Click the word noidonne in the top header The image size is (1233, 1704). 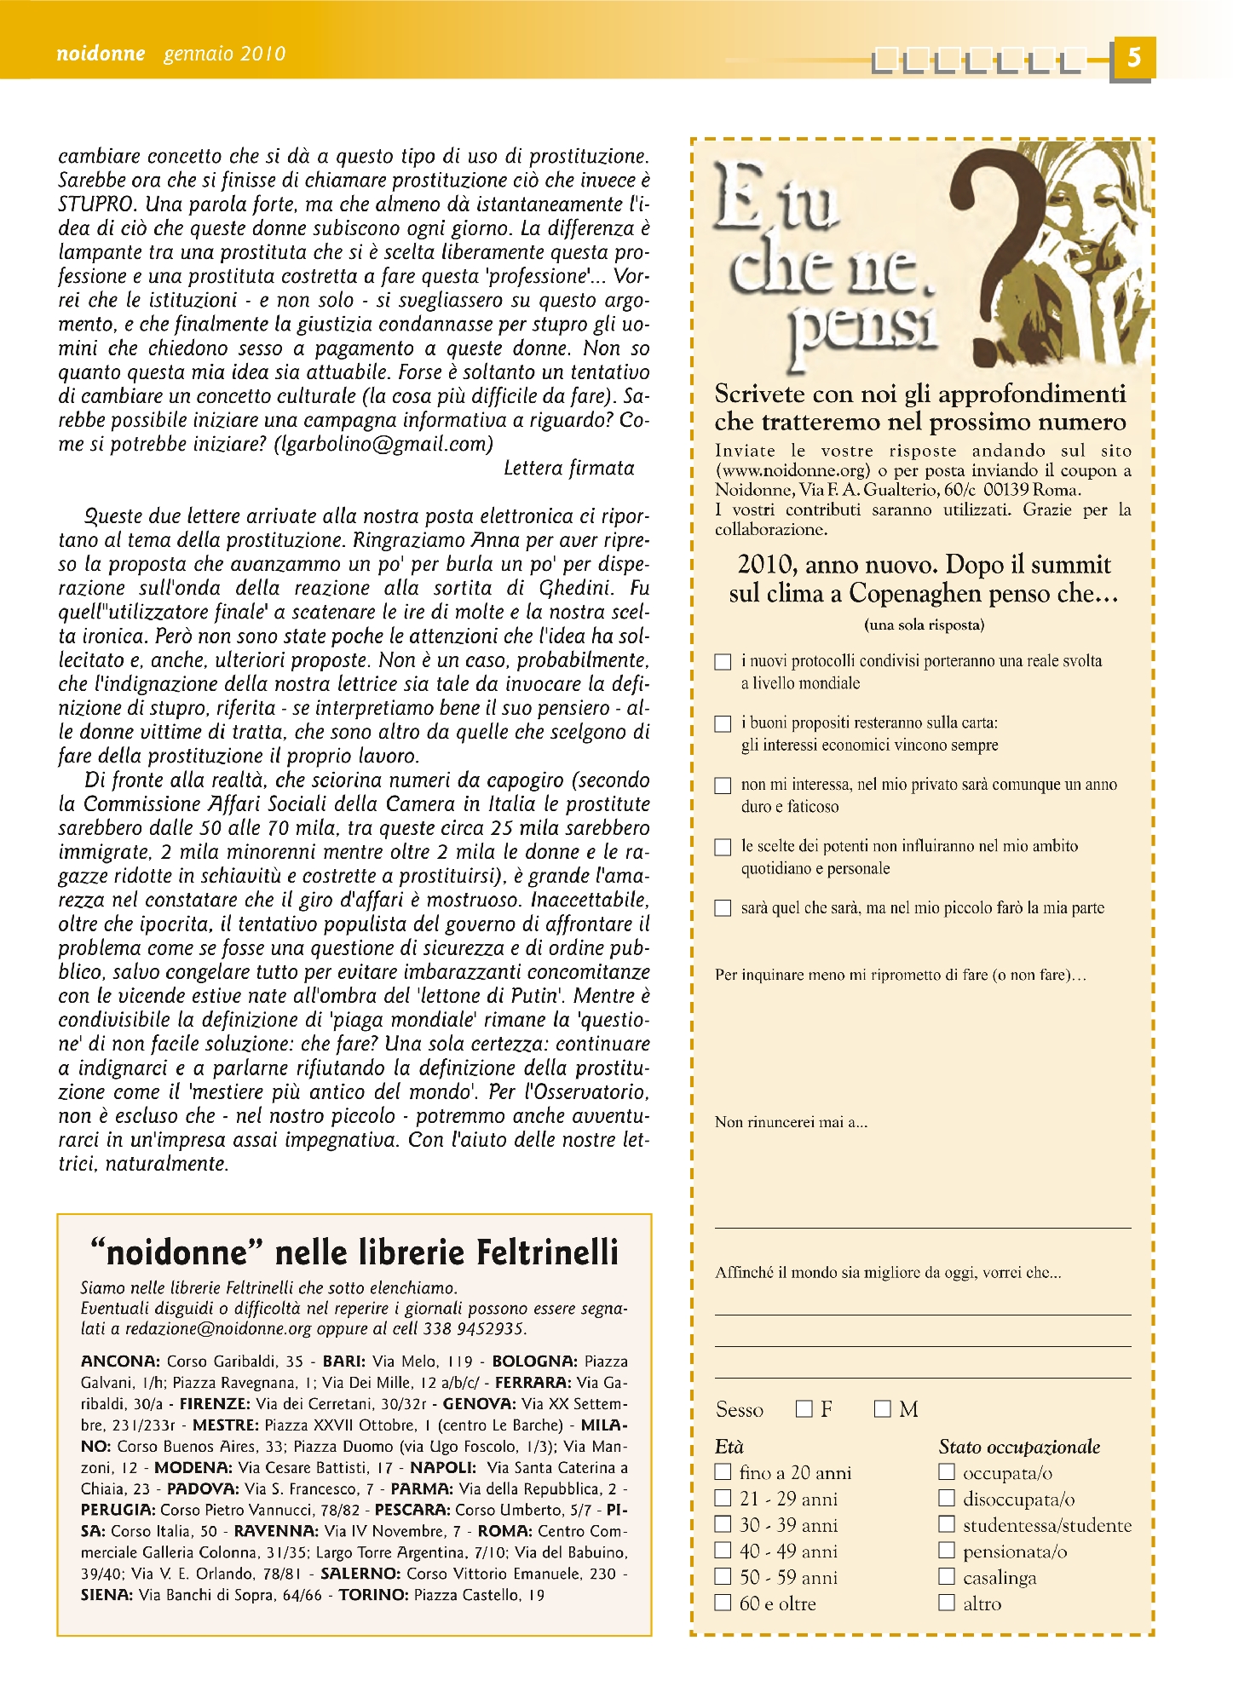(101, 54)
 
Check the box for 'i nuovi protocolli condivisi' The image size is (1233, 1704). (723, 662)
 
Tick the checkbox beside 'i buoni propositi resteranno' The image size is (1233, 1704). (723, 724)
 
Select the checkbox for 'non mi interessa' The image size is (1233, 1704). (723, 786)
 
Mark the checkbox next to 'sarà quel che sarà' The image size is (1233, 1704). (723, 908)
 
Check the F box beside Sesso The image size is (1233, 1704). (804, 1409)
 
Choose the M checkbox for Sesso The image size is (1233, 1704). (882, 1409)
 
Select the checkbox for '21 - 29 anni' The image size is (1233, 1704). (723, 1498)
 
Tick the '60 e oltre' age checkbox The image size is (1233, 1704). (723, 1603)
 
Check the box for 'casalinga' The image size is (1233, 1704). (946, 1576)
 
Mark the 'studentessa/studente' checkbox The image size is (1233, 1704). (946, 1523)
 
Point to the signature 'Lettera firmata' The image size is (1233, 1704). (569, 469)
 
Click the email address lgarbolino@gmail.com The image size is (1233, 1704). (383, 445)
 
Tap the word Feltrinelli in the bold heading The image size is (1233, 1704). (547, 1253)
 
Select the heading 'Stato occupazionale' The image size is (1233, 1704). (1019, 1447)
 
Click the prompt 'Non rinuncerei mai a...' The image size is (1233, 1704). (791, 1123)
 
